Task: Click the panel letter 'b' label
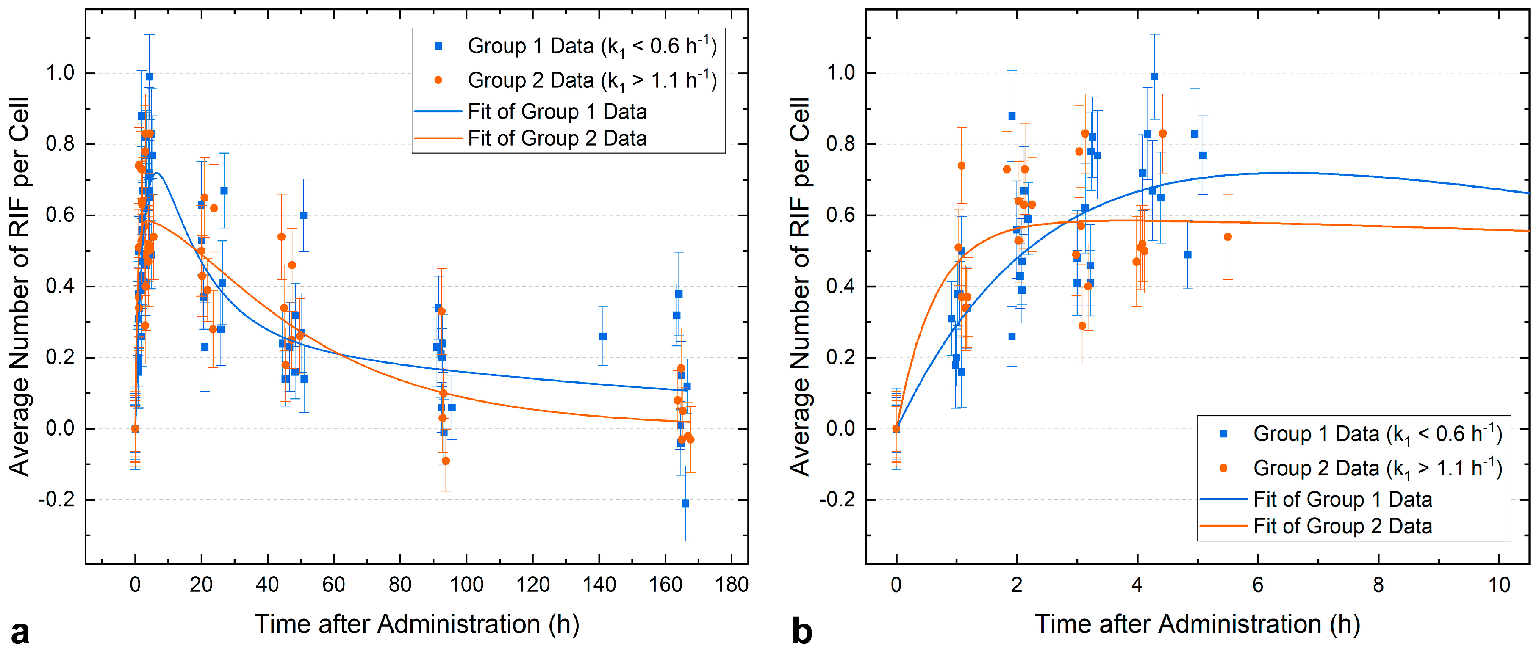pos(802,632)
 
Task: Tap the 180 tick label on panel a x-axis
pos(731,585)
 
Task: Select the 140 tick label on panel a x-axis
pos(599,585)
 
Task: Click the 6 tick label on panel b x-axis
pos(1258,585)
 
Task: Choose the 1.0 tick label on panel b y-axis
pos(840,73)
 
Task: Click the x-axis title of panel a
pos(416,624)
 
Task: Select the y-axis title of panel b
pos(801,286)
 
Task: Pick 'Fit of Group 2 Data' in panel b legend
pos(1342,526)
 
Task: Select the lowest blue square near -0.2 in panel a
pos(685,503)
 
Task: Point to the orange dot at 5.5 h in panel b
pos(1228,237)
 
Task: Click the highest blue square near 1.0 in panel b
pos(1154,77)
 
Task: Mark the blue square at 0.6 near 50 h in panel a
pos(303,215)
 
